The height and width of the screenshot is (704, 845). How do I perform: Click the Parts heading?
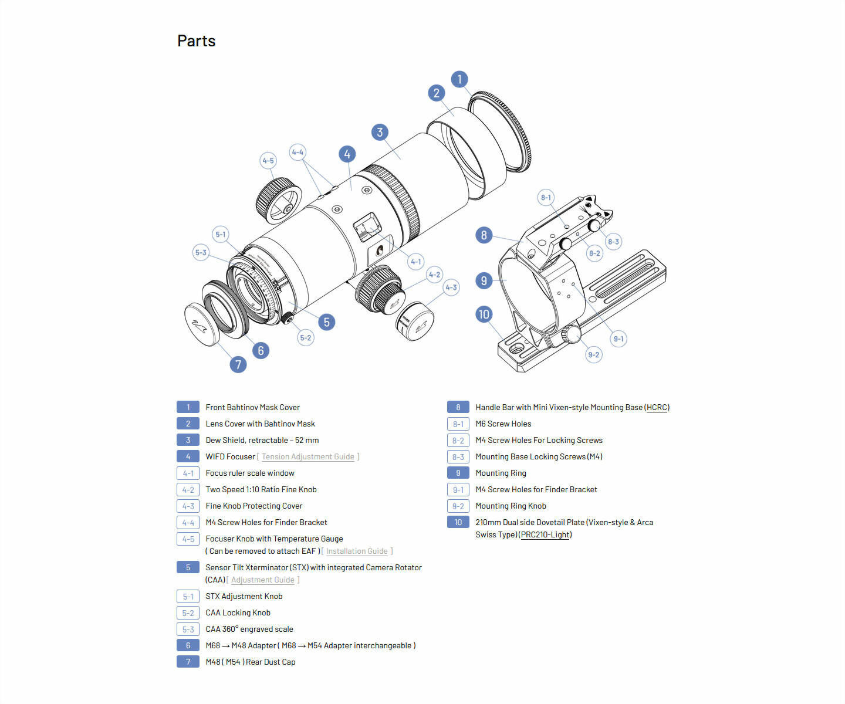(196, 41)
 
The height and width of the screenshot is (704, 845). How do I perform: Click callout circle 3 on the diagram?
(380, 132)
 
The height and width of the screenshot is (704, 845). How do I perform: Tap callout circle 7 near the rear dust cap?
(238, 364)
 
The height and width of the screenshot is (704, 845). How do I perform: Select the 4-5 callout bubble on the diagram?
(268, 161)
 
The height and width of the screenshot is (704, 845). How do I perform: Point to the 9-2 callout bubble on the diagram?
(594, 354)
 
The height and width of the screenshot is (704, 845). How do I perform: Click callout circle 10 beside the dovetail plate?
(484, 314)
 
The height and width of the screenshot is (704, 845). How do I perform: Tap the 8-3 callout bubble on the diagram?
(613, 241)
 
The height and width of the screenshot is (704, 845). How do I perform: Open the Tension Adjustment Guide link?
(307, 456)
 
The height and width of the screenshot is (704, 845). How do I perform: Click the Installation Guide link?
(357, 551)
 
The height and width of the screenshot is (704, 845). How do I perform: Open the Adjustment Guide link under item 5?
(262, 580)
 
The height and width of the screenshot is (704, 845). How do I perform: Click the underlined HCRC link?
(657, 407)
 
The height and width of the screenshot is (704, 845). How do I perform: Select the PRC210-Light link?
(545, 534)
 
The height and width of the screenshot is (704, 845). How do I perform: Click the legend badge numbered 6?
(188, 645)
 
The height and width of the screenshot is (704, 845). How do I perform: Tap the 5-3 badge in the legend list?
(188, 629)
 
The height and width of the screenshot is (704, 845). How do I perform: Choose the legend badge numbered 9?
(458, 473)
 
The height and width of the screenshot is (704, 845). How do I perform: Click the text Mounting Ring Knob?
(511, 506)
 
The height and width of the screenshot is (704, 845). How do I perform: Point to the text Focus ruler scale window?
(250, 473)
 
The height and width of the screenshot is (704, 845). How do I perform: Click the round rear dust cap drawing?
(201, 326)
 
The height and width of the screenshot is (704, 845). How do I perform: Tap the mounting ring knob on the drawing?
(571, 334)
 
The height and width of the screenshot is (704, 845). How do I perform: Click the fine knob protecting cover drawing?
(414, 321)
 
